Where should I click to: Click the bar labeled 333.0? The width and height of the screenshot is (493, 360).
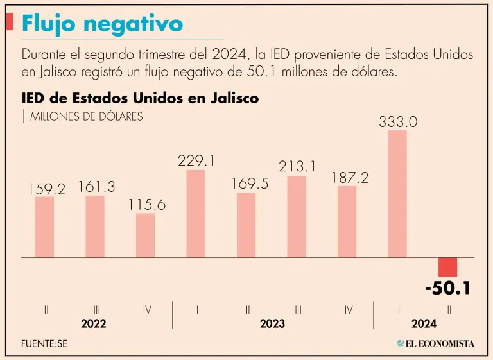click(397, 194)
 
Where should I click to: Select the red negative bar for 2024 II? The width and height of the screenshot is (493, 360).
click(447, 267)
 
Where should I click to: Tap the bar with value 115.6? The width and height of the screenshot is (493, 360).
click(146, 235)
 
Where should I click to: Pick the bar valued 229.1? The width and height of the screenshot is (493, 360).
click(196, 214)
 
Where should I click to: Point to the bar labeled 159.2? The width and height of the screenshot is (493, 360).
click(45, 227)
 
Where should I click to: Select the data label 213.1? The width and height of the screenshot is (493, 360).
click(297, 167)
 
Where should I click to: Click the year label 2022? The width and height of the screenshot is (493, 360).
click(94, 324)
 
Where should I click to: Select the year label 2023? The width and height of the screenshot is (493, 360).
click(272, 324)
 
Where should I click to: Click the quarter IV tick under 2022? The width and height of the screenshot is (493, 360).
click(147, 310)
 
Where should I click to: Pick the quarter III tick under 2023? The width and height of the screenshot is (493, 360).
click(298, 310)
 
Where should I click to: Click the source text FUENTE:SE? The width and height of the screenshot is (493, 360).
click(44, 343)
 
